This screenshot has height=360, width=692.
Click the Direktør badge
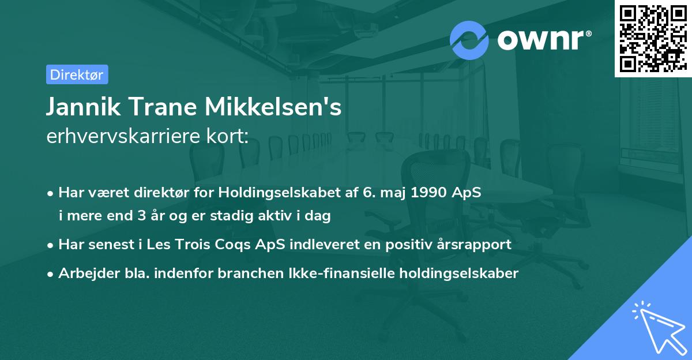coord(77,74)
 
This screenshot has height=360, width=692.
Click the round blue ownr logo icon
coord(469,40)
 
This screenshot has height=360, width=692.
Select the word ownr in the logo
coord(544,41)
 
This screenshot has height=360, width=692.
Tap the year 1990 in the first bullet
coord(428,193)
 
